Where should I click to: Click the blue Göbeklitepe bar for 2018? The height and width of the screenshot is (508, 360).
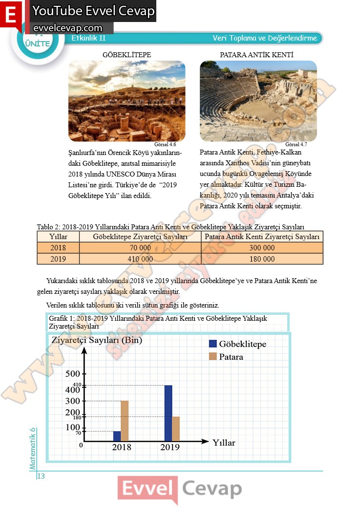[117, 436]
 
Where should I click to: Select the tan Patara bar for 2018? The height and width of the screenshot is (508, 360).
[125, 421]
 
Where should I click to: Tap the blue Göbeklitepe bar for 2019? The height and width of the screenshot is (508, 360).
[168, 413]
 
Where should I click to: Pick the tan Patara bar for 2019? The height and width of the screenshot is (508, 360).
[176, 429]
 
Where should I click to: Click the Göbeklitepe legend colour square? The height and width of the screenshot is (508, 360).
[212, 344]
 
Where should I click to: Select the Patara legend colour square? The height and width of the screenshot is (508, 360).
[212, 356]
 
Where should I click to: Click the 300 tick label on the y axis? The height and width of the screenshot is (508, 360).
[72, 401]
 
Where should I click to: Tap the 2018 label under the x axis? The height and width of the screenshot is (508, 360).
[122, 447]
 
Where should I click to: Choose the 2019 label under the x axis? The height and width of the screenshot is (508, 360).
[170, 447]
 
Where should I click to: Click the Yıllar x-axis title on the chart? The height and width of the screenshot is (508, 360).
[224, 443]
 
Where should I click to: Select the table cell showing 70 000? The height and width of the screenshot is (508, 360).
[140, 248]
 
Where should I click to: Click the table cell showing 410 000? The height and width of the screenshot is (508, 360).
[140, 259]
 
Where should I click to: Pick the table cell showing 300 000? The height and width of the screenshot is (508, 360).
[262, 248]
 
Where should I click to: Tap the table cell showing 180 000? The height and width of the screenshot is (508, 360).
[262, 259]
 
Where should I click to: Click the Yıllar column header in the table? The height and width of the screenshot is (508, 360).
[58, 237]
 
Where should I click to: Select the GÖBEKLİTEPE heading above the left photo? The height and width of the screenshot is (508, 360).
[127, 55]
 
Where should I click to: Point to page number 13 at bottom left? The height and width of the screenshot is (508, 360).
[41, 476]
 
